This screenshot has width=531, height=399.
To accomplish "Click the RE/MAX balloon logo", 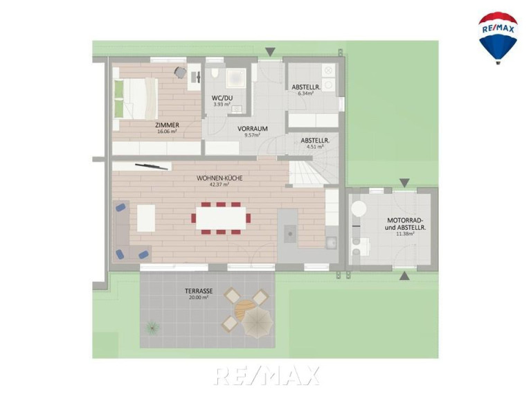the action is [498, 37].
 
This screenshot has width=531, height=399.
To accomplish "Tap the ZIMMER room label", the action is [168, 125].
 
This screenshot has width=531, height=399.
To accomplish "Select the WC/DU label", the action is [222, 98].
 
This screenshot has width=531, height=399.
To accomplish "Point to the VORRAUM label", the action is [252, 129].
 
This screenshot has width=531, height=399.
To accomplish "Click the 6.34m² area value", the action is [305, 94].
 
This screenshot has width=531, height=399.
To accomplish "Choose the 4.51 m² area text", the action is [315, 147].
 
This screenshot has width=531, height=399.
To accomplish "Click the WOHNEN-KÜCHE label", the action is [219, 178].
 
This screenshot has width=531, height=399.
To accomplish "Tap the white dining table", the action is [221, 218].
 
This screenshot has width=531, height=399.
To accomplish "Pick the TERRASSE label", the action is [199, 291].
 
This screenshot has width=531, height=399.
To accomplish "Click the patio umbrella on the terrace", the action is [258, 323].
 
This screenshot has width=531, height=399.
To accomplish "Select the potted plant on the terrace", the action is [153, 327].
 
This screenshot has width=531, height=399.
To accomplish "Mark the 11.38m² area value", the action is [406, 233].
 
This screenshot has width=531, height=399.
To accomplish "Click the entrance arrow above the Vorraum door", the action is [270, 52].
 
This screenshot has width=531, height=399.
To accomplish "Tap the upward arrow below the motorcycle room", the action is [404, 276].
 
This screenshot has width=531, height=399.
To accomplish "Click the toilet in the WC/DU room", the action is [215, 73].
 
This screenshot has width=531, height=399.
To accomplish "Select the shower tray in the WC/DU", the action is [235, 78].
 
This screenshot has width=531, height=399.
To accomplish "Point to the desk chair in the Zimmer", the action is [181, 73].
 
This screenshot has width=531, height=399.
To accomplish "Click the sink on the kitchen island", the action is [290, 233].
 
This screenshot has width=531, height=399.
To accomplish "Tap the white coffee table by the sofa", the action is [146, 218].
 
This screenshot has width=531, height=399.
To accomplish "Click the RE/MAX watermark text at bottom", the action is [267, 375].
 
